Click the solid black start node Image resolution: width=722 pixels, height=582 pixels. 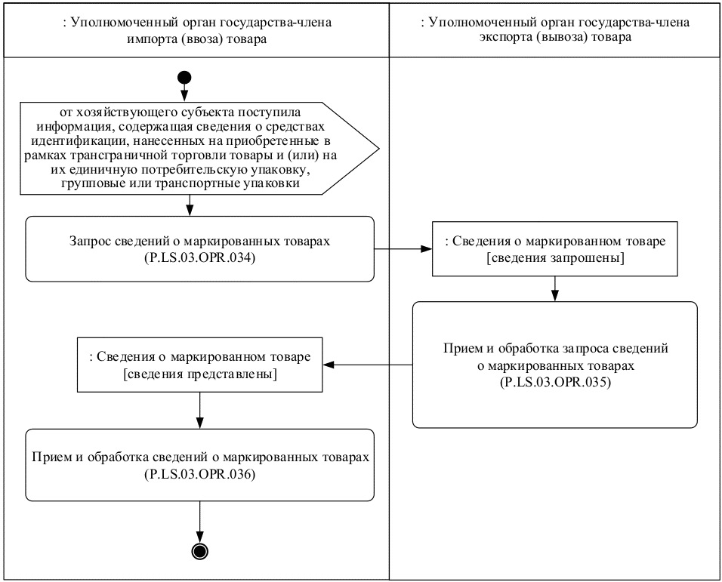tap(184, 77)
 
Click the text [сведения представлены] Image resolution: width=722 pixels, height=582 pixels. tap(199, 376)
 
